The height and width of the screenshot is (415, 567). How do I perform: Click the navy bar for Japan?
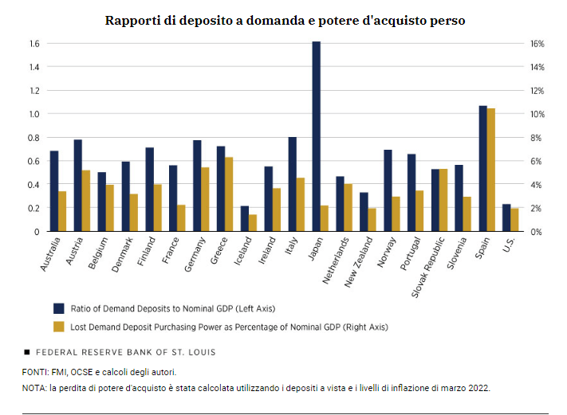(x=317, y=136)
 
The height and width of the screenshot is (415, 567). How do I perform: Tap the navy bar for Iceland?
(x=245, y=218)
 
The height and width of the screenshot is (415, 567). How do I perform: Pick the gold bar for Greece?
(x=229, y=194)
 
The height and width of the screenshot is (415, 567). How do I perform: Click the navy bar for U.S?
(x=506, y=217)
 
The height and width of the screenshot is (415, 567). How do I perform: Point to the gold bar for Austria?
(x=85, y=201)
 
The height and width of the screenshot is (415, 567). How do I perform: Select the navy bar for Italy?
(x=293, y=184)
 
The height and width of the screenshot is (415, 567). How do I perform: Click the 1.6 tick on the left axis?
(x=34, y=43)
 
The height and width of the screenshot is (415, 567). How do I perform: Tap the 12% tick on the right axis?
(x=537, y=90)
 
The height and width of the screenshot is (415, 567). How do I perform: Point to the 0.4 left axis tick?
(x=34, y=185)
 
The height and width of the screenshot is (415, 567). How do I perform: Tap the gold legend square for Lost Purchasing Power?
(x=58, y=326)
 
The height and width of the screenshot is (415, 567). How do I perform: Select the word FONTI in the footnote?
(x=35, y=372)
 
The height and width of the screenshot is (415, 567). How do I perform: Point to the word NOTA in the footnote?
(x=35, y=388)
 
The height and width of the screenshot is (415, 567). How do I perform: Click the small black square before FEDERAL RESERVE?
(x=27, y=351)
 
